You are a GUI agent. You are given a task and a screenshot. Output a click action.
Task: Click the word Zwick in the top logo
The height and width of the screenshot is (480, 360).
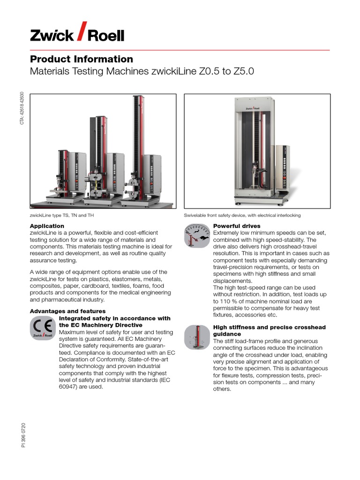[x=52, y=36]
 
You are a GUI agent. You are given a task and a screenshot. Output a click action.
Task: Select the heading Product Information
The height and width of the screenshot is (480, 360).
[x=82, y=59]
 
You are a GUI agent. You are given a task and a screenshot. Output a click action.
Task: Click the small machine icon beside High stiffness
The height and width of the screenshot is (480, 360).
[x=197, y=337]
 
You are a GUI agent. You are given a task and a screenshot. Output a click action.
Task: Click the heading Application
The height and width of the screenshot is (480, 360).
[x=47, y=226]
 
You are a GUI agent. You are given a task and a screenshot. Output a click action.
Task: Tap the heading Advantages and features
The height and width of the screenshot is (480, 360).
[x=68, y=311]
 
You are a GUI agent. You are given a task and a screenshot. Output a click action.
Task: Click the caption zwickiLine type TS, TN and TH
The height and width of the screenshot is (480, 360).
[x=65, y=215]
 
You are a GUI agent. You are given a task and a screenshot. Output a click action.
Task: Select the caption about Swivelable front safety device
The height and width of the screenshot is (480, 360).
[x=242, y=215]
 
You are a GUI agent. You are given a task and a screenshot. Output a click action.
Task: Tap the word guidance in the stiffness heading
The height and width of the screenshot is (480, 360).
[x=229, y=334]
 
